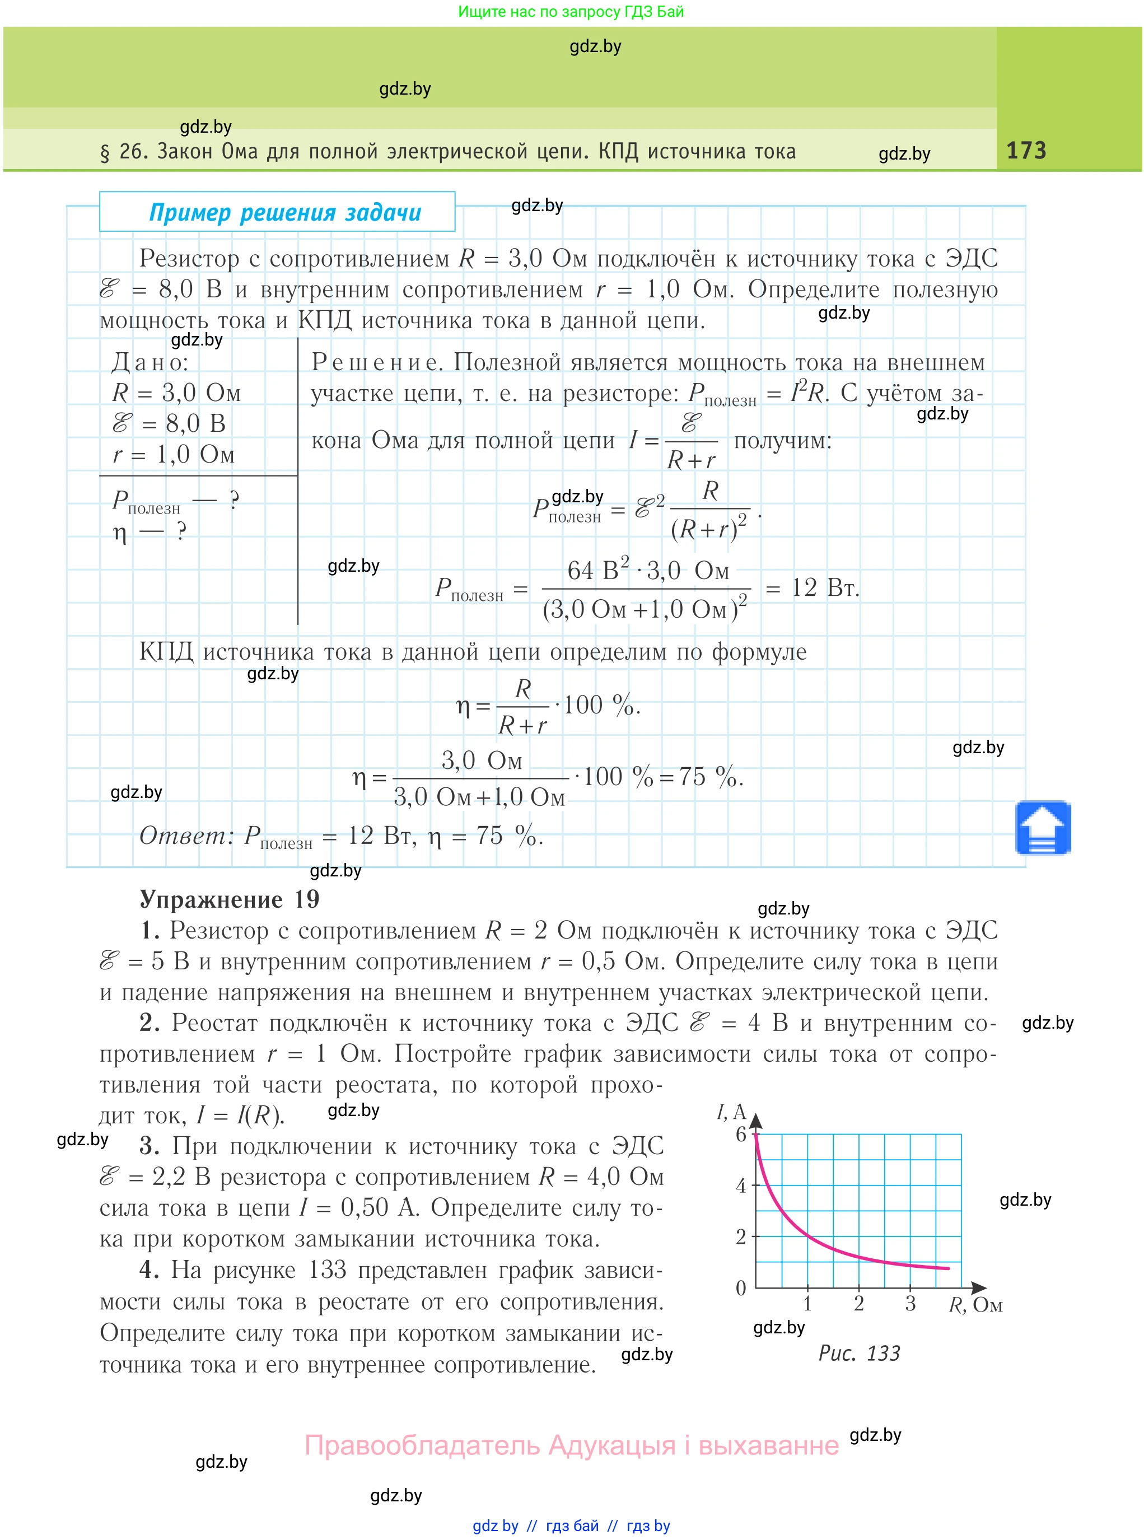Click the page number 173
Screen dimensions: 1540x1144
click(1026, 150)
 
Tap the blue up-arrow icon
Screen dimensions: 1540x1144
click(1043, 828)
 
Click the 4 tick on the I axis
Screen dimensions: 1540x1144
click(741, 1186)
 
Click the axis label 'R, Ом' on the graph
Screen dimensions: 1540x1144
click(975, 1306)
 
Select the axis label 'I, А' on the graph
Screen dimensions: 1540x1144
click(731, 1113)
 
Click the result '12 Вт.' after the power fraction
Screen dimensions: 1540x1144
click(825, 588)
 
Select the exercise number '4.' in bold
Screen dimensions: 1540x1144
click(149, 1270)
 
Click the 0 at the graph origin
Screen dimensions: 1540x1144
click(741, 1289)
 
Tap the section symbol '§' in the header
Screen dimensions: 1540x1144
click(105, 152)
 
